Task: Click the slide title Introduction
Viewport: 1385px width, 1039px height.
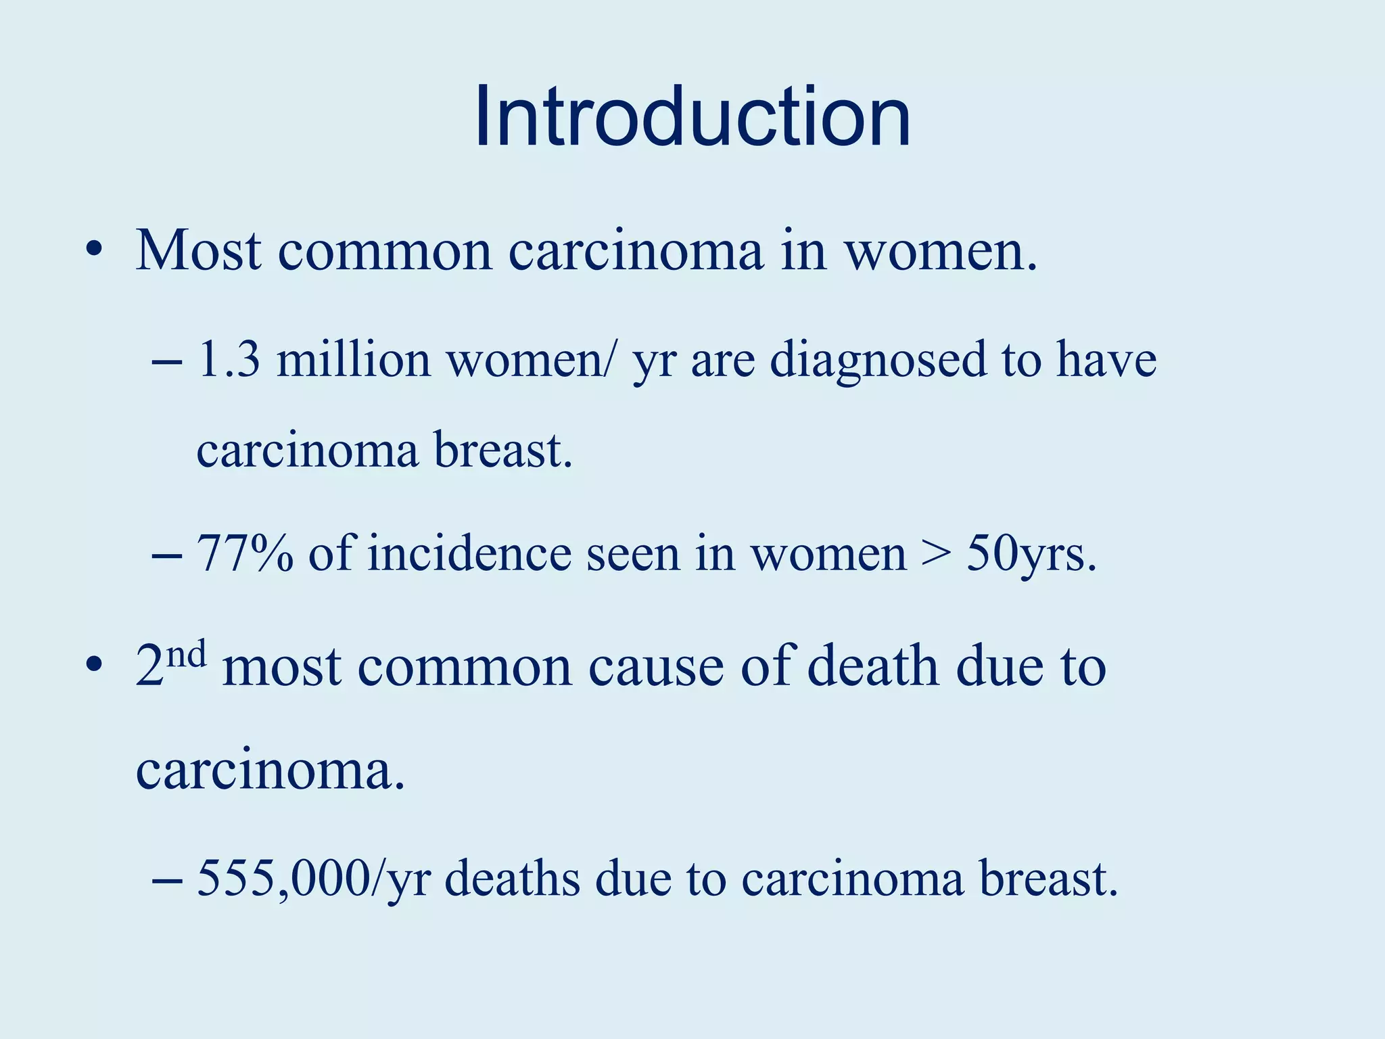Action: [692, 116]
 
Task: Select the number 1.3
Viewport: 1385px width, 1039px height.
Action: [229, 360]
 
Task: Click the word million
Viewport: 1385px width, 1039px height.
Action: [354, 360]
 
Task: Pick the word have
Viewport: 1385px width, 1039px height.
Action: [1106, 360]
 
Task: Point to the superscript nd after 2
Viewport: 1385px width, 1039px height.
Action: [187, 654]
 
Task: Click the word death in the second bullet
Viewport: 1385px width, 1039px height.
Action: [873, 666]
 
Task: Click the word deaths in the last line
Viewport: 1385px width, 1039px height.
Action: [512, 879]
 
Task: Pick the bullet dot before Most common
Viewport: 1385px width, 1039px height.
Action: [94, 251]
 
